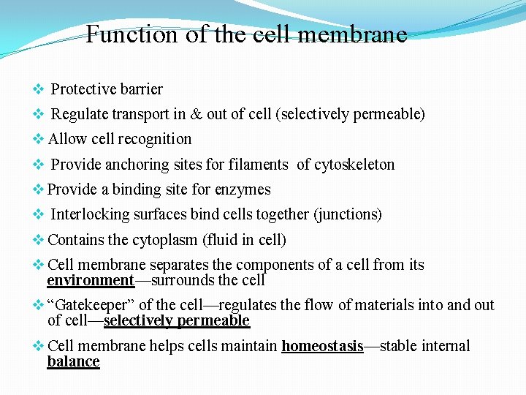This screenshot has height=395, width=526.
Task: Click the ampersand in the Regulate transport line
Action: point(196,114)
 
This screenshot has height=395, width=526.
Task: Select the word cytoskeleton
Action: point(354,165)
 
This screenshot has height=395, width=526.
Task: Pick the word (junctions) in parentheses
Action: point(348,214)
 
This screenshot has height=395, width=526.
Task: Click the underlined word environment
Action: point(91,280)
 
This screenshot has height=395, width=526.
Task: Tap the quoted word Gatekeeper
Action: point(91,305)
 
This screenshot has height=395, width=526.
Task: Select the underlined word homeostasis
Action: point(322,346)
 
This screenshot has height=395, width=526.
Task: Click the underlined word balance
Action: point(73,361)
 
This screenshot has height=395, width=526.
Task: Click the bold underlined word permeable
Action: point(216,320)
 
